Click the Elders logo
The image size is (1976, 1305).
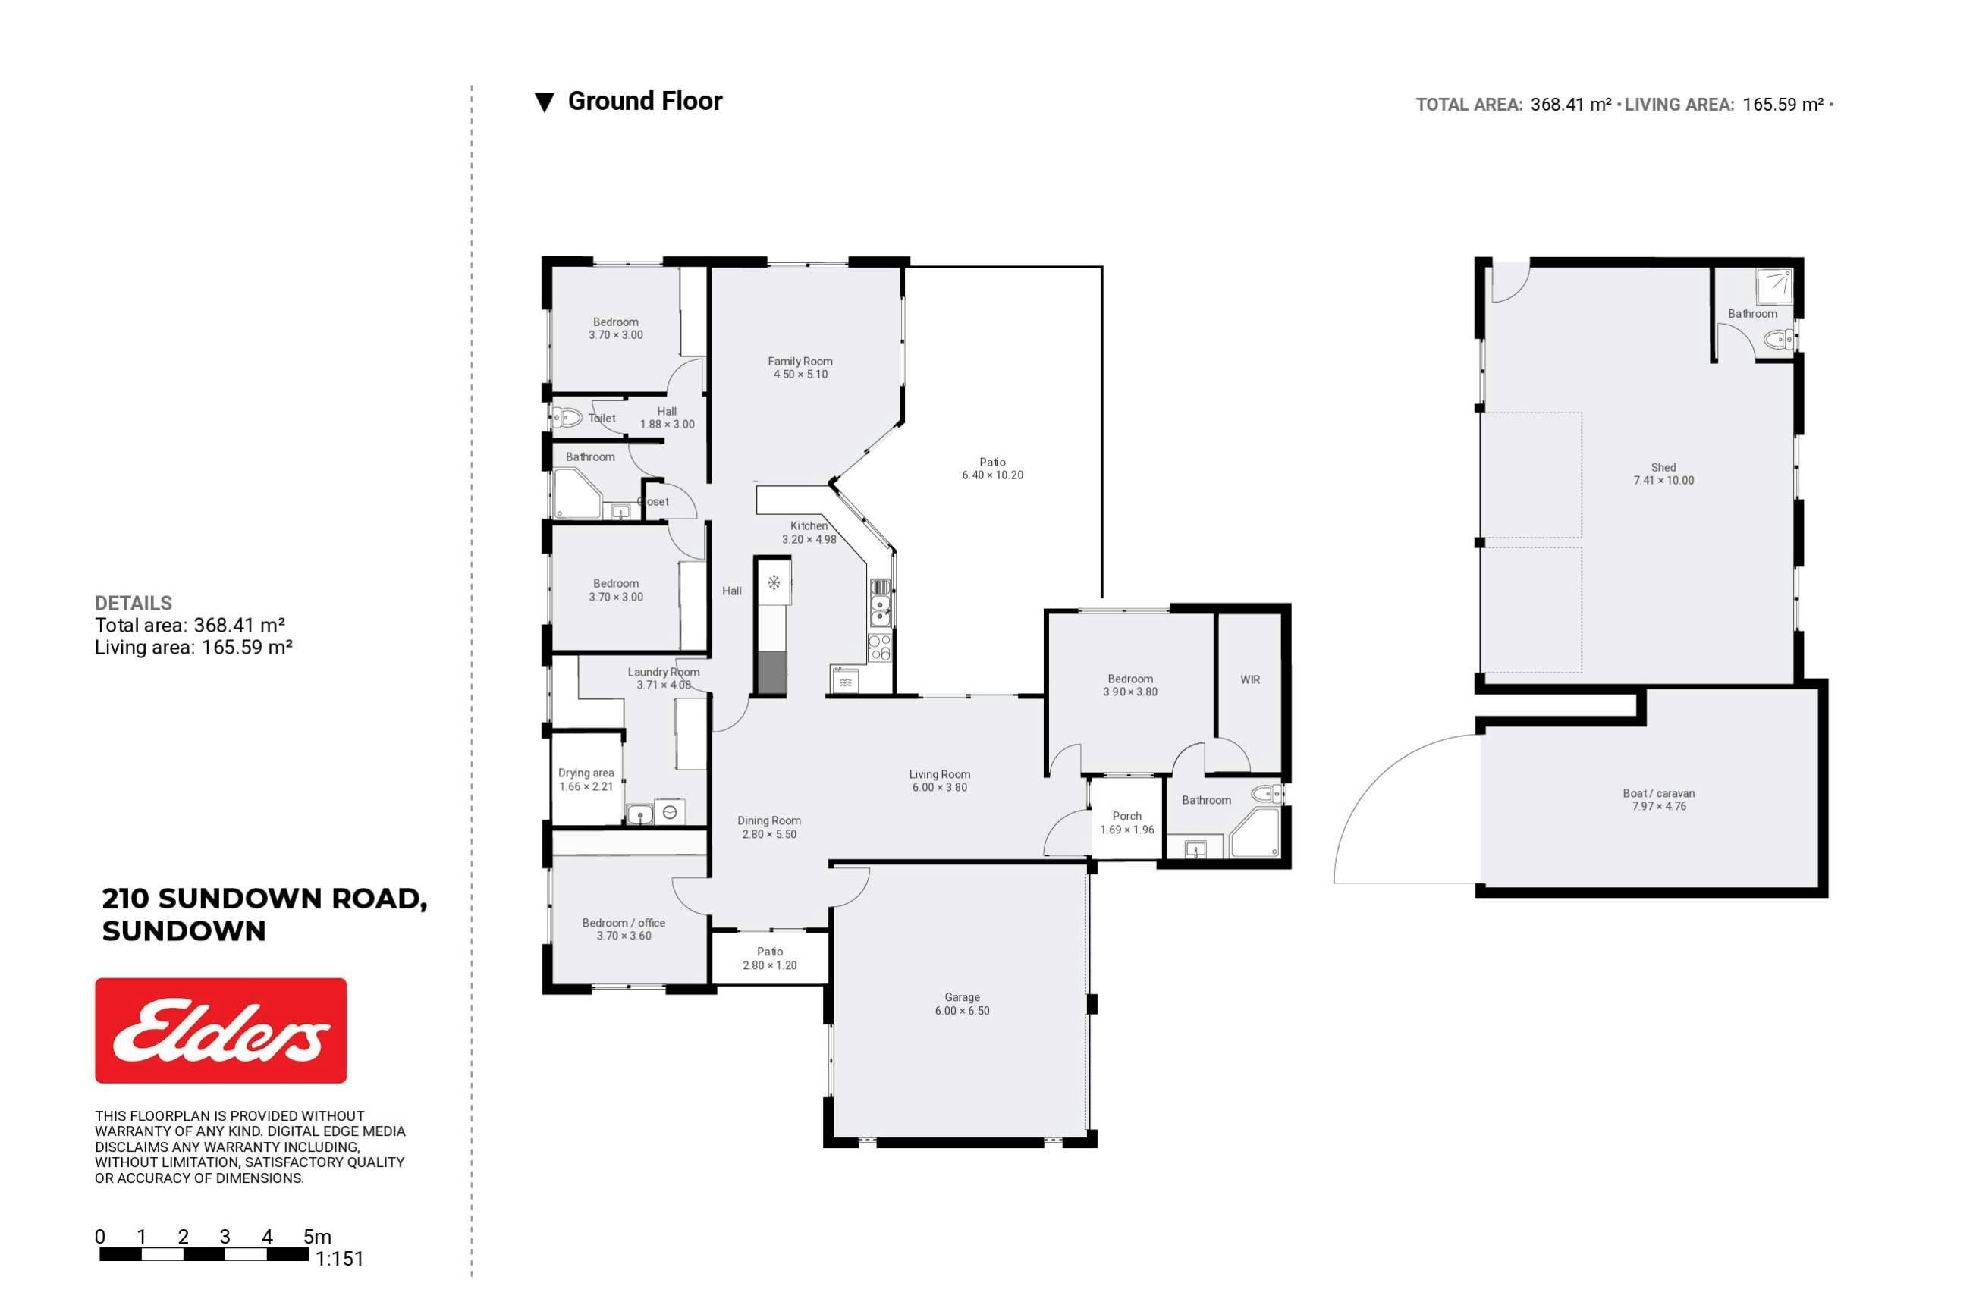221,1031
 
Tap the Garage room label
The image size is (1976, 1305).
962,997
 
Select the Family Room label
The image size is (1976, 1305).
800,361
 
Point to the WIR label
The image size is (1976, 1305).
1250,680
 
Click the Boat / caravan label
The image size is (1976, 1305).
1659,793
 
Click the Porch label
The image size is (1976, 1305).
1127,817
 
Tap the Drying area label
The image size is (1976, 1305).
586,773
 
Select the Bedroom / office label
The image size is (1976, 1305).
624,923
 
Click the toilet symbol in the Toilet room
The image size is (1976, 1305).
567,417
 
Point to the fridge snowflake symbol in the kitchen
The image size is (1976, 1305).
774,582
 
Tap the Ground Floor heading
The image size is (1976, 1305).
645,102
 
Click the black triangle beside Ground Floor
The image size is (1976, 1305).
545,102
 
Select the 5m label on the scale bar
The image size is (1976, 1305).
317,1237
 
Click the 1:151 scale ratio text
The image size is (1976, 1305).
340,1260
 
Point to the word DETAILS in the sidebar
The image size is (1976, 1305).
134,604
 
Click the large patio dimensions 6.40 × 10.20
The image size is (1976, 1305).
993,475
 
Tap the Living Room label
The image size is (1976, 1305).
940,775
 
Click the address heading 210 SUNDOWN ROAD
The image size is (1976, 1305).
265,899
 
